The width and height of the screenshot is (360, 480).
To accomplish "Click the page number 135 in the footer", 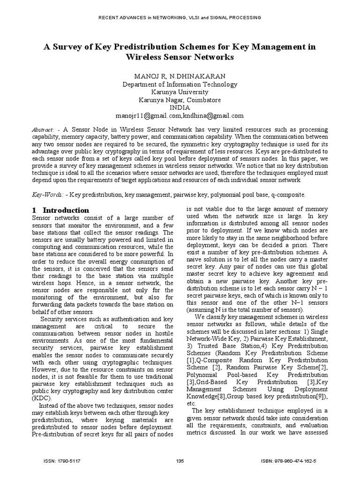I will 180,461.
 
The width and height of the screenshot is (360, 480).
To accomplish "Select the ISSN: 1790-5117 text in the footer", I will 61,461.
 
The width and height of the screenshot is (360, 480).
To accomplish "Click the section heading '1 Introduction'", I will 60,210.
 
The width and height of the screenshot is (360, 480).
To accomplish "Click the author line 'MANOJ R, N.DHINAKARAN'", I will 180,76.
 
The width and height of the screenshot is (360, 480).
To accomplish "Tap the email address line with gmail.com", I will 180,115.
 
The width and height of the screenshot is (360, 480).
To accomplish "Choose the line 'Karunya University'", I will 180,92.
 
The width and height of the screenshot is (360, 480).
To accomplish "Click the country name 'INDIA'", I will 180,107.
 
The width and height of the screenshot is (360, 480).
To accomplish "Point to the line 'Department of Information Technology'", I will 180,84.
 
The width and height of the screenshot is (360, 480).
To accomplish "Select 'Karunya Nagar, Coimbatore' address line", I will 180,100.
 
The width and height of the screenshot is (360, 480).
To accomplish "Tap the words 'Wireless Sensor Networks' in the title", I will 180,58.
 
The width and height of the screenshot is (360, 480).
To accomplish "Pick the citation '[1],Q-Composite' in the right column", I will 209,359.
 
